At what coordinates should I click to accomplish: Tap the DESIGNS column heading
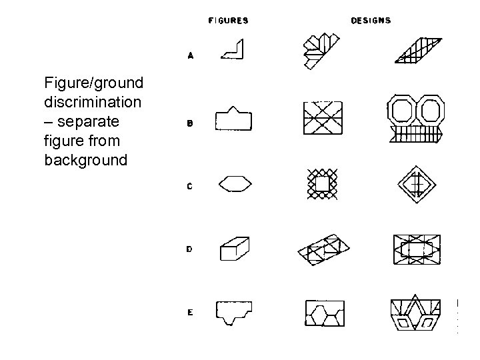click(371, 21)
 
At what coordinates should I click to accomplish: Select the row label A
click(190, 57)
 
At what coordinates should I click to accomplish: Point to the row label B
click(190, 123)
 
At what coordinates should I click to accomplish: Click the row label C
click(190, 186)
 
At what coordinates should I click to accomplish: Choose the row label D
click(190, 249)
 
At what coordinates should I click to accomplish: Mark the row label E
click(190, 312)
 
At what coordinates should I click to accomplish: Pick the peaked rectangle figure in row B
click(233, 119)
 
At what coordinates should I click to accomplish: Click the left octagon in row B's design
click(401, 111)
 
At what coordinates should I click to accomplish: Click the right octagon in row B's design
click(430, 111)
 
